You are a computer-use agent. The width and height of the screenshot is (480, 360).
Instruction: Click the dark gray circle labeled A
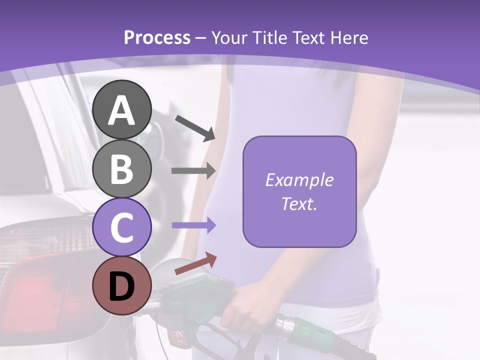pyautogui.click(x=122, y=109)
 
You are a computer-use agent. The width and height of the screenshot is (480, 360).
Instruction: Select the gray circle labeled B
pyautogui.click(x=122, y=168)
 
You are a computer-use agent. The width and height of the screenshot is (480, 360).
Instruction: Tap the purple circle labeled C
pyautogui.click(x=122, y=227)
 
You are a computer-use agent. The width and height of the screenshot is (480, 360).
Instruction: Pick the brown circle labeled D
pyautogui.click(x=122, y=285)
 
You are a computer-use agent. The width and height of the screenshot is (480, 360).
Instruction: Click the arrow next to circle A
pyautogui.click(x=195, y=128)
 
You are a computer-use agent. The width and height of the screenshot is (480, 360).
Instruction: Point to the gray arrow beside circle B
pyautogui.click(x=193, y=171)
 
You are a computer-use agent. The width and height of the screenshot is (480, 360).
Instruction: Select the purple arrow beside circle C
pyautogui.click(x=193, y=225)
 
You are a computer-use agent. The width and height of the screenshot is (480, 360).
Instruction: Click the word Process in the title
pyautogui.click(x=157, y=38)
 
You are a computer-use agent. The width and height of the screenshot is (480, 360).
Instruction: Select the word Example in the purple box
pyautogui.click(x=299, y=180)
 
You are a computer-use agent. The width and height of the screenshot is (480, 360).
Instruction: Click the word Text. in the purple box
pyautogui.click(x=299, y=203)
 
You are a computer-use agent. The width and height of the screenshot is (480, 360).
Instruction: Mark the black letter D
pyautogui.click(x=122, y=286)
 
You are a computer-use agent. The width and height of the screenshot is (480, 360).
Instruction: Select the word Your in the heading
pyautogui.click(x=229, y=38)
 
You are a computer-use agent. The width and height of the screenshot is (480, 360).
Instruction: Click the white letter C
pyautogui.click(x=122, y=227)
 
